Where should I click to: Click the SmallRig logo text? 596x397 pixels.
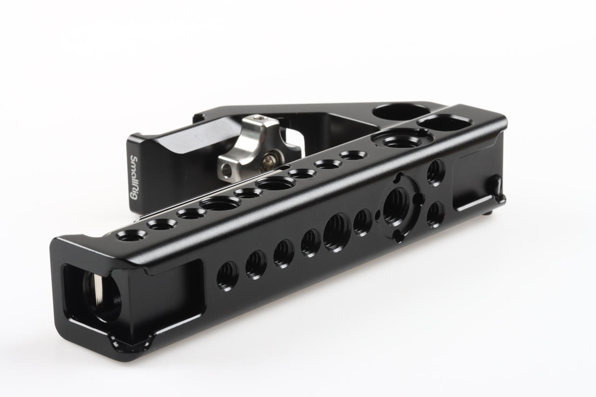pos(134,178)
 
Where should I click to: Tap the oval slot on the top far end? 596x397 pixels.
pos(444,123)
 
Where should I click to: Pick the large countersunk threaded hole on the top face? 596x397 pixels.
pos(402,139)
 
